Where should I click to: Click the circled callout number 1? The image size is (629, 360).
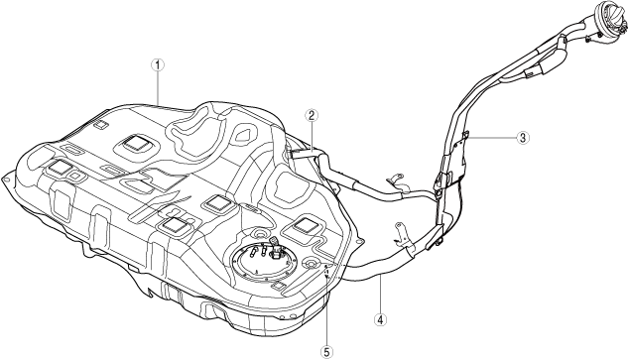(158, 64)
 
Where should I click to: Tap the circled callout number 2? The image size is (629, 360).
(312, 115)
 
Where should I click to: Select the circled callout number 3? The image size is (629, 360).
(522, 138)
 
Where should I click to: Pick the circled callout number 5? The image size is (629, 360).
(327, 352)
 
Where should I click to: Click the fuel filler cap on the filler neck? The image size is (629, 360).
(607, 16)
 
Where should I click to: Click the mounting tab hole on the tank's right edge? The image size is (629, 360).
(361, 242)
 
